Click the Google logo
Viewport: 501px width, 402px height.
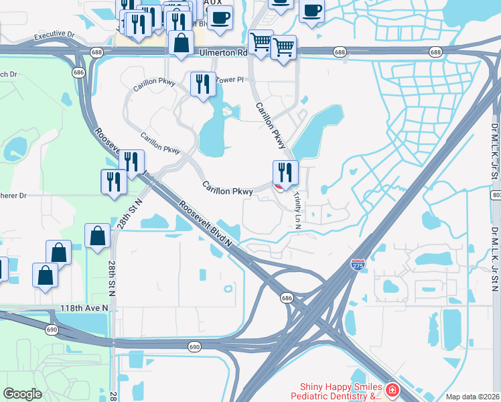pos(22,394)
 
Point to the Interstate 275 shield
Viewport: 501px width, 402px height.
pos(358,266)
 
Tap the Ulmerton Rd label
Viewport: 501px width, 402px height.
pos(219,52)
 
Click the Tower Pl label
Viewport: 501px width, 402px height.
pos(229,79)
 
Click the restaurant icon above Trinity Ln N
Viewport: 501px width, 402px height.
pos(285,173)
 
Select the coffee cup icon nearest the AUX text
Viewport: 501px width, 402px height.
pos(220,17)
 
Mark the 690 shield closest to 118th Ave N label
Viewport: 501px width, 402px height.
pos(52,330)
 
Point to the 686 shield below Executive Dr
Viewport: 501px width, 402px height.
pos(79,71)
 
